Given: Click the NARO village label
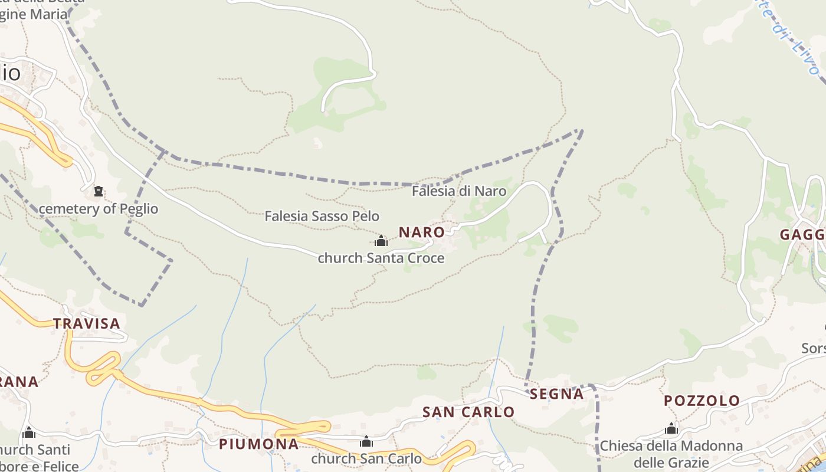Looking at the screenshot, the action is coord(421,232).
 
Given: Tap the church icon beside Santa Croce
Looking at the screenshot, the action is coord(381,241).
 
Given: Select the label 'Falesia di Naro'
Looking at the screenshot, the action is coord(458,191).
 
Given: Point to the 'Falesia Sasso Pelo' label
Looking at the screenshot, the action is coord(322,216).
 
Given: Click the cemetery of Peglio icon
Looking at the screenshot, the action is coord(99,191).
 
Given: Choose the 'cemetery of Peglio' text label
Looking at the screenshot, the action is coord(99,209).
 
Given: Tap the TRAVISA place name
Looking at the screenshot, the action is coord(87,323).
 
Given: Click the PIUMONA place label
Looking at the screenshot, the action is coord(258,444).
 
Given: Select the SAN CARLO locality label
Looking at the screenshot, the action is coord(468,412).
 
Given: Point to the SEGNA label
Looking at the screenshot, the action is coord(556,394).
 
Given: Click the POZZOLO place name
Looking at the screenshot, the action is coord(702,401).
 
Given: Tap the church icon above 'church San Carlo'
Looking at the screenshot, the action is coord(366,441).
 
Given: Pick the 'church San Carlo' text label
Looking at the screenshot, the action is coord(366,458).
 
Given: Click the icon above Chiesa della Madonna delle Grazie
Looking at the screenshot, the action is coord(671,428).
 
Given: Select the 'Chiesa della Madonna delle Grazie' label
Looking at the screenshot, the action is coord(671,453).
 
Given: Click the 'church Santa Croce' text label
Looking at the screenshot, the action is coord(381,258).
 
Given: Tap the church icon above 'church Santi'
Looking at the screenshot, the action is coord(29,433).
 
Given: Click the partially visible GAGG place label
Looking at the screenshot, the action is coord(802,235).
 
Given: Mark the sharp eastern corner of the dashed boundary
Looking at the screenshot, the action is coord(582,130).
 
